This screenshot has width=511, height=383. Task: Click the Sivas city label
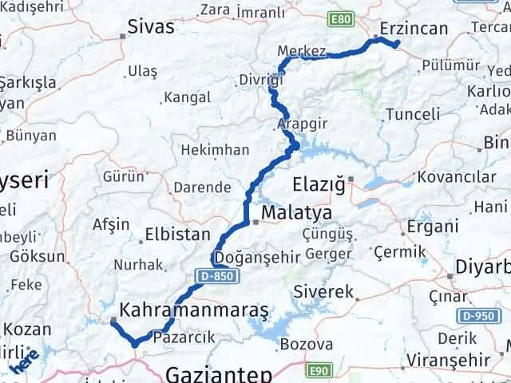point(151,27)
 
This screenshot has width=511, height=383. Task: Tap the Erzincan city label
point(414,29)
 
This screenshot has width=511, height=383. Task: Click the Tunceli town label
point(412,114)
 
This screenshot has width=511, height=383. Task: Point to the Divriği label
point(260,81)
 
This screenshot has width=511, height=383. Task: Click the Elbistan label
point(176,236)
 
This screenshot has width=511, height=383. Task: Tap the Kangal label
point(187,98)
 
